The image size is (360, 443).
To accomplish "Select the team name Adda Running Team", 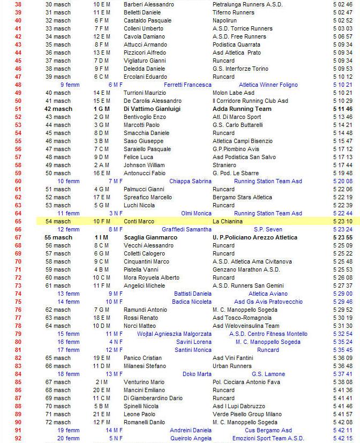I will (x=242, y=109).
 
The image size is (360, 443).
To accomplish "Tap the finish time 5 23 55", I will (x=342, y=237).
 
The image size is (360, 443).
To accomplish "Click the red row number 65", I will (x=18, y=221).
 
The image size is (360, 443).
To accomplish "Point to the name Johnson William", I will (x=144, y=165).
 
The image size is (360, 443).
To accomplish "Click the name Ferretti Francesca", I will (x=187, y=85).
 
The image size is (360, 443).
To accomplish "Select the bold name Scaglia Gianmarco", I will (x=152, y=237).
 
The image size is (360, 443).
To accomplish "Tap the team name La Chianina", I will (x=228, y=221).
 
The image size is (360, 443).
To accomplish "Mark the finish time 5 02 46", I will (x=342, y=4).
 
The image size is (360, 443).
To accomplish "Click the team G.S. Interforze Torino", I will (x=241, y=69).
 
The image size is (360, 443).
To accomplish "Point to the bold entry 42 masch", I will (x=58, y=109).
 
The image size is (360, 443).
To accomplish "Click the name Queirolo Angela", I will (x=191, y=438).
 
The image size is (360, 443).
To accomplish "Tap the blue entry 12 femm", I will (x=69, y=229).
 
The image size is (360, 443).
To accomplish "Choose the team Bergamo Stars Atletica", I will (x=242, y=197).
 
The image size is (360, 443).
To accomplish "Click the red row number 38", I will (x=18, y=4).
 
